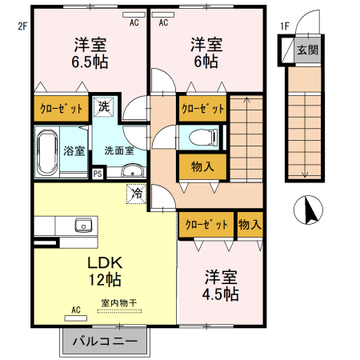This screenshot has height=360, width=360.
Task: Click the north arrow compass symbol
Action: click(309, 211)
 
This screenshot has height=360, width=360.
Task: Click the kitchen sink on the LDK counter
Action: click(82, 225)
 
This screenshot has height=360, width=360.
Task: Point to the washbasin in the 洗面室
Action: click(133, 170)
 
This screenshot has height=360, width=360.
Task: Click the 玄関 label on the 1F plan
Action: click(307, 50)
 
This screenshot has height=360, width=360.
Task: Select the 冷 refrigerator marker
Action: click(137, 193)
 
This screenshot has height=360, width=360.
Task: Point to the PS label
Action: click(98, 172)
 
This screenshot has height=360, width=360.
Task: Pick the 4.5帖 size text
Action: click(220, 294)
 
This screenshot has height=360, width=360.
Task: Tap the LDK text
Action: click(104, 262)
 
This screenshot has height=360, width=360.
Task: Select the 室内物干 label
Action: click(118, 303)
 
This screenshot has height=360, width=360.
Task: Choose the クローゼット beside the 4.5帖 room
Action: click(206, 225)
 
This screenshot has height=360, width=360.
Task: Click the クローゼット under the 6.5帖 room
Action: click(61, 110)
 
